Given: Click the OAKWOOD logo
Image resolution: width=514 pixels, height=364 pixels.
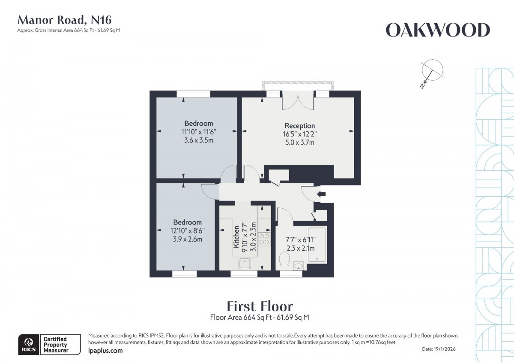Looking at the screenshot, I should coord(437,30).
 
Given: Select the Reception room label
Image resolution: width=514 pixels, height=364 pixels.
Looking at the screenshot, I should coord(300,126).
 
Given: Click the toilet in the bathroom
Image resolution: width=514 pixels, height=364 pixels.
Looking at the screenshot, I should coord(284,259).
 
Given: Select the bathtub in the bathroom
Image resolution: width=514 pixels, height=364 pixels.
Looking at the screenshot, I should coord(317,244).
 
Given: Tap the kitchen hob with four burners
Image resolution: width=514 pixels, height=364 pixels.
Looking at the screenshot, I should coord(264,240).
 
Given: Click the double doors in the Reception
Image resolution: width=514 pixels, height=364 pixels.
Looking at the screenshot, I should coord(299,101).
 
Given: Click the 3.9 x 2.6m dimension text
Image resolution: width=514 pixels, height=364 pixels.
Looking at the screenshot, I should coord(187,239).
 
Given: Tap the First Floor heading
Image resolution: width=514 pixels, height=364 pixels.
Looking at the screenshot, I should coord(260,306).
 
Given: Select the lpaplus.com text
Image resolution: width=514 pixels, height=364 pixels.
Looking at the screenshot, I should coord(105,351).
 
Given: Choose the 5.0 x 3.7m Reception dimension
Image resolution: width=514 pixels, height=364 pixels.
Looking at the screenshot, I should coord(300,142).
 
